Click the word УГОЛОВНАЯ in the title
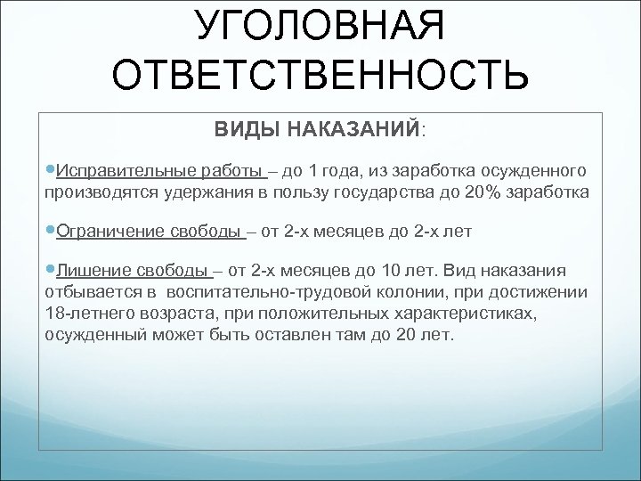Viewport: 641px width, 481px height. [320, 26]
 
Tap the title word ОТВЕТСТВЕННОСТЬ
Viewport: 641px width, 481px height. [320, 78]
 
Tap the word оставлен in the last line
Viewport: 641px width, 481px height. [302, 335]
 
